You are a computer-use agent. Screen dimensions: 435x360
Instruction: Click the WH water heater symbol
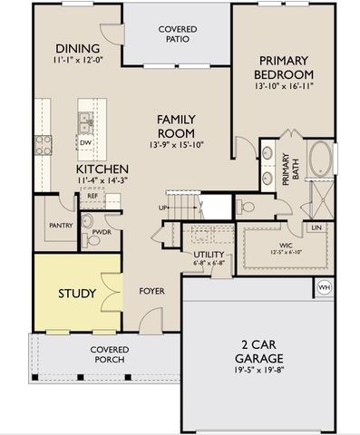[325, 289]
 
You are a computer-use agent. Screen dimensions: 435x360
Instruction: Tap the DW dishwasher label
[84, 142]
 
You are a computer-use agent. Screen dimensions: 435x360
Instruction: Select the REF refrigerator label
[92, 196]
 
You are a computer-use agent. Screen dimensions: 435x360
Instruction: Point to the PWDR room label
[101, 242]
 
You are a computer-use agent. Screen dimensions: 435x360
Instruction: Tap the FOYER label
[151, 292]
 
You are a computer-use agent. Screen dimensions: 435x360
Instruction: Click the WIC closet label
[285, 245]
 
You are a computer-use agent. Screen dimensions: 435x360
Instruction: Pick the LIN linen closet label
[316, 227]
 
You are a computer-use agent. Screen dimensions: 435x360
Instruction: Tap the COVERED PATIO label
[178, 34]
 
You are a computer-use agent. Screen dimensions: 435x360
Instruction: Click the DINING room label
[77, 49]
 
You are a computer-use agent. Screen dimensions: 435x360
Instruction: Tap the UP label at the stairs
[163, 208]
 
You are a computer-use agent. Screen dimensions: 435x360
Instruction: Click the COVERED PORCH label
[110, 355]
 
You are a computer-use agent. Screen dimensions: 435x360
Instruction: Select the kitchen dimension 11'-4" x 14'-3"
[102, 181]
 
